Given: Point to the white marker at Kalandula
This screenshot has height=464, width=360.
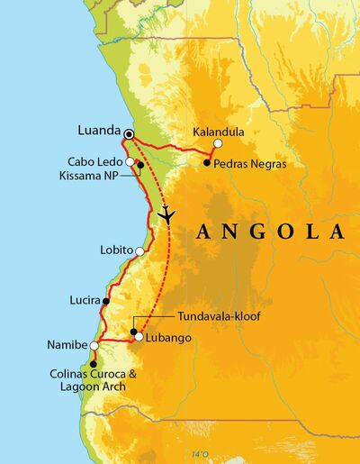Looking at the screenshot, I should (x=217, y=143).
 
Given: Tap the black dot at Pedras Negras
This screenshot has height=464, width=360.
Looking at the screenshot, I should (x=207, y=163).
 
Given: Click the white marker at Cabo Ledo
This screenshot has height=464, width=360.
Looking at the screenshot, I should (x=130, y=161).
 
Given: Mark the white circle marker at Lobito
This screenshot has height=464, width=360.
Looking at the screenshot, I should (x=140, y=250).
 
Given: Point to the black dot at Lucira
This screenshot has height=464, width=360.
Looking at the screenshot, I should (x=106, y=301).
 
